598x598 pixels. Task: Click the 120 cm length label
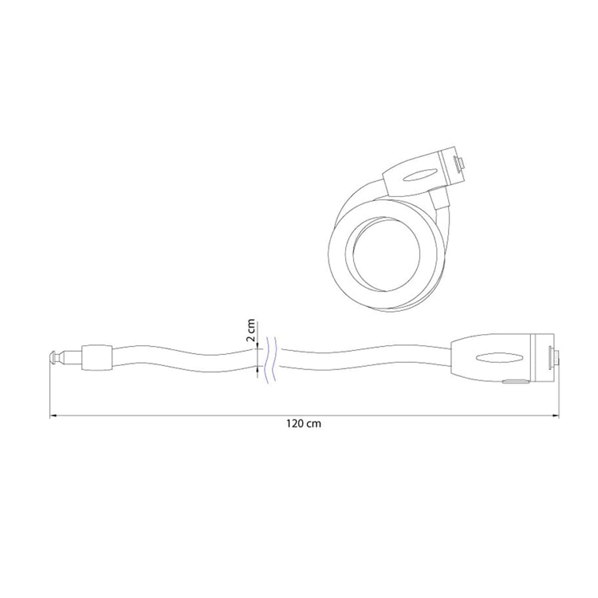click(x=304, y=423)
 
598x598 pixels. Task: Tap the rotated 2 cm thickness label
click(x=250, y=330)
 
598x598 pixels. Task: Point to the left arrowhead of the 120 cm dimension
click(x=53, y=416)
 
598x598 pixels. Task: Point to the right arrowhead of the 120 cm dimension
click(x=556, y=416)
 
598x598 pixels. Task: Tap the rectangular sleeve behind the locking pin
click(x=97, y=358)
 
